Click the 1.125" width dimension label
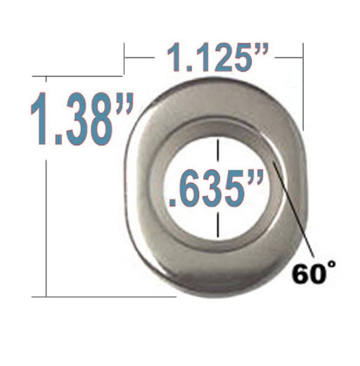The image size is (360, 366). pyautogui.click(x=217, y=58)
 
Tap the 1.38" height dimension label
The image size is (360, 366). pyautogui.click(x=82, y=119)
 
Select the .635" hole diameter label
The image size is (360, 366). pyautogui.click(x=216, y=188)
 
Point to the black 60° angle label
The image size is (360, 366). pyautogui.click(x=314, y=273)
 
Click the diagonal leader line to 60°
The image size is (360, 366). pyautogui.click(x=293, y=208)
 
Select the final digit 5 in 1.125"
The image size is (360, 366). pyautogui.click(x=238, y=58)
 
